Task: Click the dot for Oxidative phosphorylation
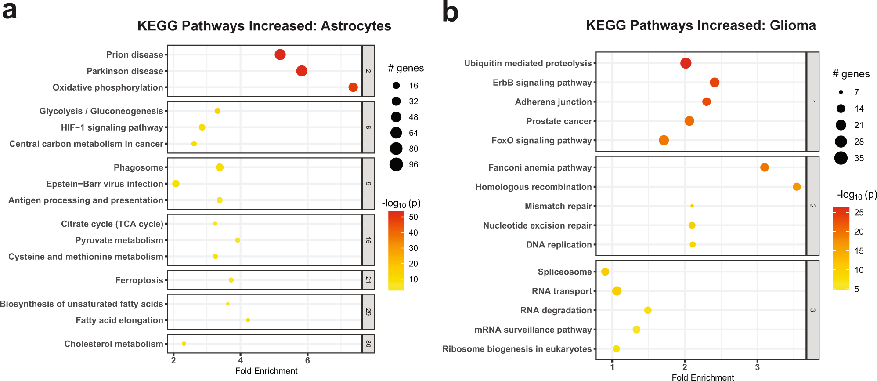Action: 353,87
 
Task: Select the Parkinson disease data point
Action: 301,71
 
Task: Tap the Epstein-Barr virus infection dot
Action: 176,184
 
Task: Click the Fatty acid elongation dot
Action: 248,320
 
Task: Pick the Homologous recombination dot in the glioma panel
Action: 797,187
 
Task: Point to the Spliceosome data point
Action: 605,272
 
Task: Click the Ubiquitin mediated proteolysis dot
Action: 686,63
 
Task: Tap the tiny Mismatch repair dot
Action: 692,206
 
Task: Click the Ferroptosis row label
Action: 139,280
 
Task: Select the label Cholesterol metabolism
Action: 114,344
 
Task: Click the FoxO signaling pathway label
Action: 541,141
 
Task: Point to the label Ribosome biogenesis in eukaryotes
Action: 517,349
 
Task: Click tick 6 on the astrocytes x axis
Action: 307,361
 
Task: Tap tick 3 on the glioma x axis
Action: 757,367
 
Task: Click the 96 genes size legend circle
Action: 396,164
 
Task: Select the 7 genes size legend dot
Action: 841,92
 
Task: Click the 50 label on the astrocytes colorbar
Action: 413,217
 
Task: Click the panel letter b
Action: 450,12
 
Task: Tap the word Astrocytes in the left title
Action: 356,26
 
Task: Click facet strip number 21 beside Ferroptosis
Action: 368,280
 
